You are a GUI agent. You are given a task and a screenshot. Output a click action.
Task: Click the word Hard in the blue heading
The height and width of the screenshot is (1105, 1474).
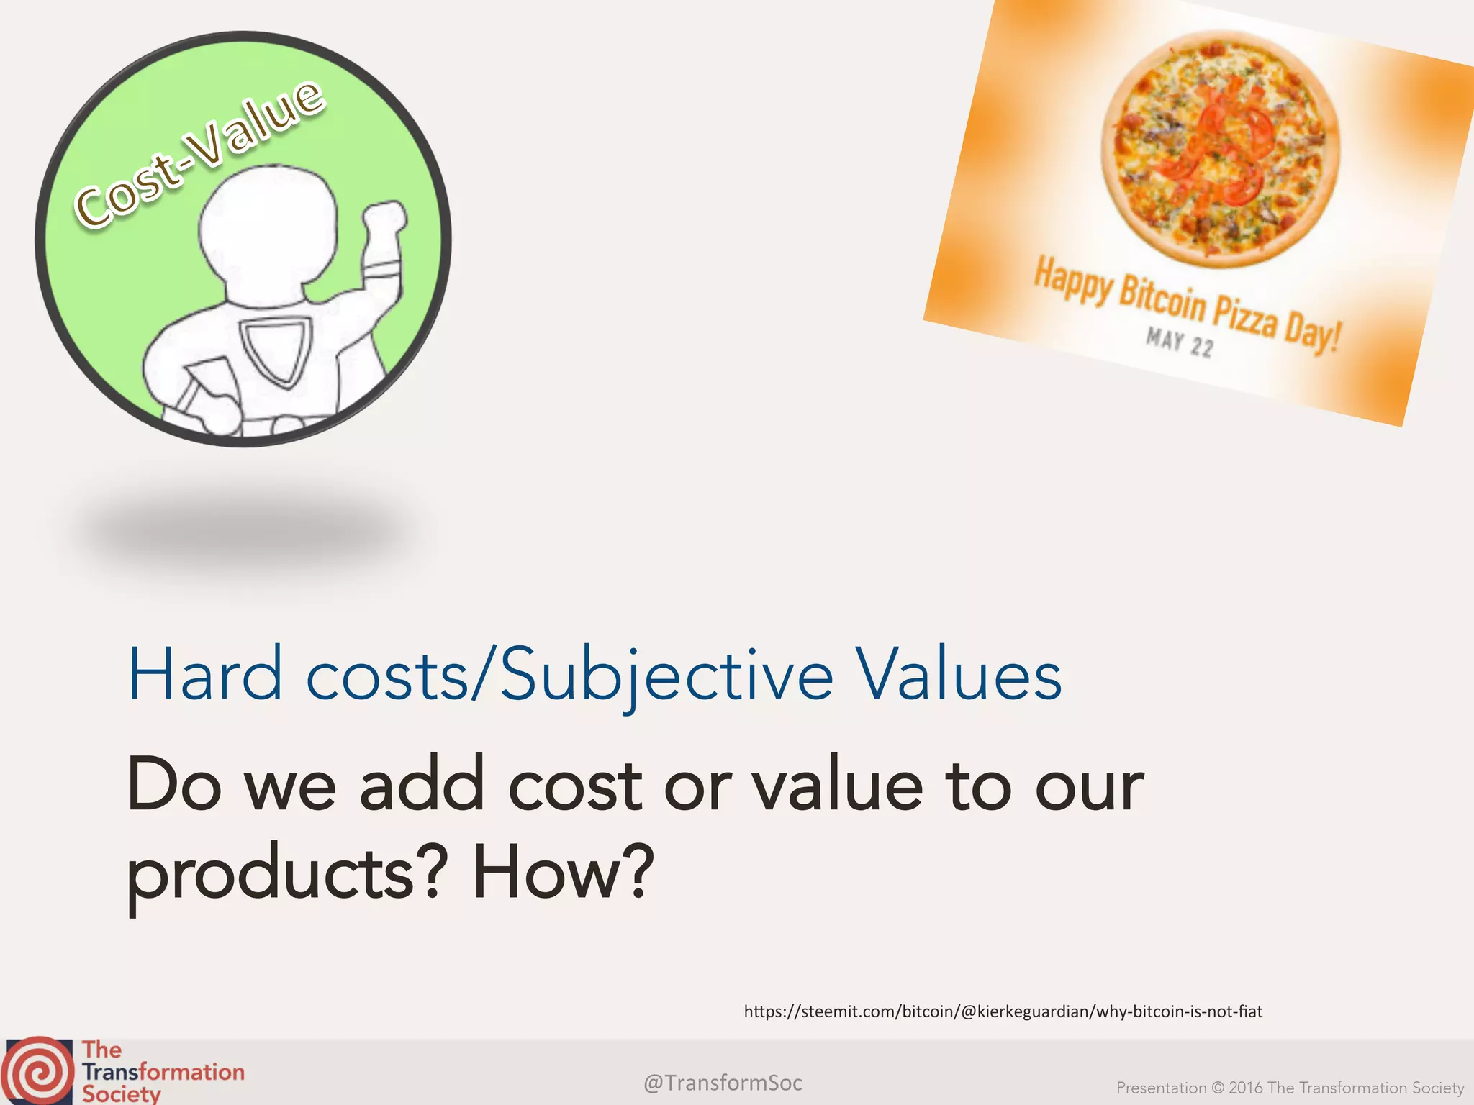point(204,674)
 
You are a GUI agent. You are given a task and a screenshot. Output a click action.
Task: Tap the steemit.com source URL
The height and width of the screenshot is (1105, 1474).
point(1003,1011)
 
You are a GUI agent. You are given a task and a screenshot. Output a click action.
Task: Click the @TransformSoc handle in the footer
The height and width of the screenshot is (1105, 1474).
point(723,1083)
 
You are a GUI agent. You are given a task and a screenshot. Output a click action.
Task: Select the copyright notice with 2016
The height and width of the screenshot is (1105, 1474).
point(1290,1088)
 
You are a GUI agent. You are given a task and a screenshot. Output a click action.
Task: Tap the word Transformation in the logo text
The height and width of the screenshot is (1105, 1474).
point(163,1072)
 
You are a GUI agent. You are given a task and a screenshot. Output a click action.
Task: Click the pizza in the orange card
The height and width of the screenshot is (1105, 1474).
point(1219,148)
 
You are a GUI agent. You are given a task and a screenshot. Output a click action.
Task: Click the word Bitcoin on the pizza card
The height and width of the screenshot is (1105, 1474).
point(1162,300)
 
